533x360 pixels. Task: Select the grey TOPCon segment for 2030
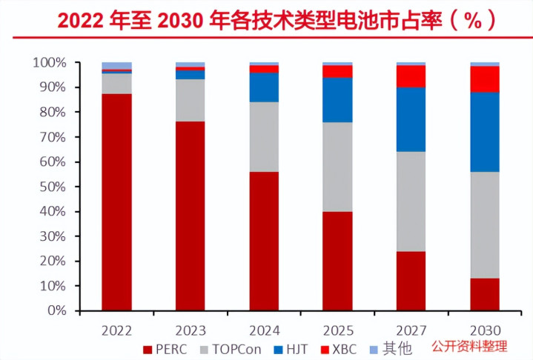click(x=485, y=224)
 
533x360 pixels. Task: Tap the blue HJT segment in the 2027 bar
click(x=411, y=119)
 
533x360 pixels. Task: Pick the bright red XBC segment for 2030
click(x=485, y=79)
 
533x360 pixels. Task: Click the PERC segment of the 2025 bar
click(x=337, y=261)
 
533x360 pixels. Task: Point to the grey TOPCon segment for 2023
click(x=191, y=100)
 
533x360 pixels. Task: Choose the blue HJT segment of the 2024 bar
click(x=264, y=87)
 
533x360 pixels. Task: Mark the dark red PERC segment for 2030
click(x=485, y=294)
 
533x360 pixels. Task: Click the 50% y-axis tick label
click(x=51, y=187)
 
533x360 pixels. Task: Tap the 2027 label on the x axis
click(x=411, y=329)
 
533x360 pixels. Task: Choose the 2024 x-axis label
click(x=264, y=329)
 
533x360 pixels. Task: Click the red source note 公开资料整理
click(x=469, y=346)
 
